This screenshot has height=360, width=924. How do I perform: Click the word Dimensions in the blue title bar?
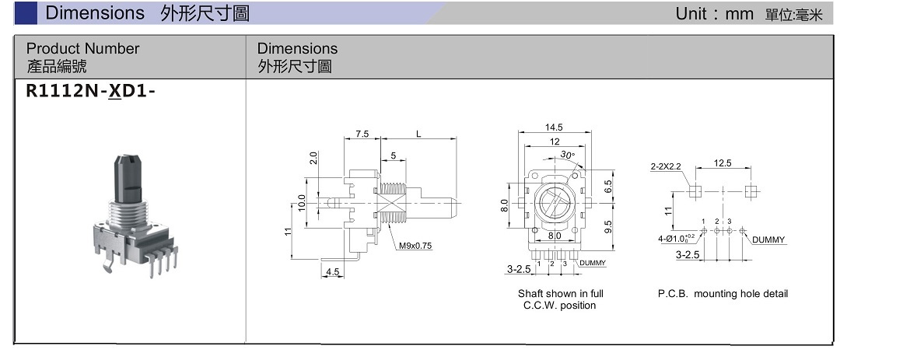coord(95,13)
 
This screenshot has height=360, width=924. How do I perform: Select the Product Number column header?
coord(82,49)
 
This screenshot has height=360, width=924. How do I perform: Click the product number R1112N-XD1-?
coord(86,91)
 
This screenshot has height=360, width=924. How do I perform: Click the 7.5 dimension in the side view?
coord(362,134)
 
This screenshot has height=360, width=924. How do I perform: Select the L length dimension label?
coord(418,134)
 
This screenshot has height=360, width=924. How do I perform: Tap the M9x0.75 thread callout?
coord(416,246)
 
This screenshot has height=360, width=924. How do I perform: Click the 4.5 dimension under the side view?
coord(333,272)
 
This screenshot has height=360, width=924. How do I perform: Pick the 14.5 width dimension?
coord(555,127)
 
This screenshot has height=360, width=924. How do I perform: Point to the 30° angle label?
coord(568,156)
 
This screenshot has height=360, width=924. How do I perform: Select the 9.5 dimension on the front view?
coord(608,225)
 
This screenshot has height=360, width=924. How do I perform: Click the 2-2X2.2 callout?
coord(667,166)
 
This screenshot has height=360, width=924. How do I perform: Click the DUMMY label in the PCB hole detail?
coord(768,239)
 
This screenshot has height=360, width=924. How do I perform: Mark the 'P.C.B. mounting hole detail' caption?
coord(723,294)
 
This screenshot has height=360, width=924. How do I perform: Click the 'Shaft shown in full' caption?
coord(560,294)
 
